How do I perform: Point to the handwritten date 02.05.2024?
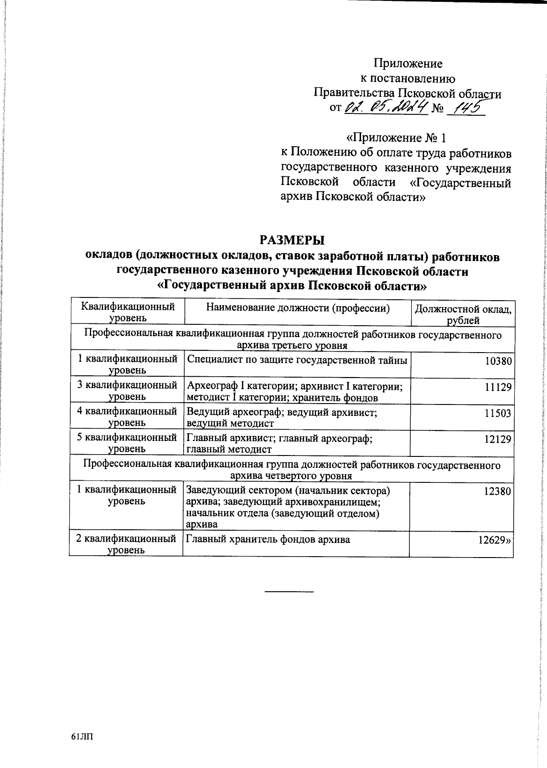[x=386, y=108]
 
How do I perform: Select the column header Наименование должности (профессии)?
[x=298, y=308]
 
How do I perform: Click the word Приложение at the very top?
[x=408, y=63]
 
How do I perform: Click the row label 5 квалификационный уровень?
[x=126, y=443]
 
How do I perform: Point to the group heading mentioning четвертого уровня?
[x=292, y=471]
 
